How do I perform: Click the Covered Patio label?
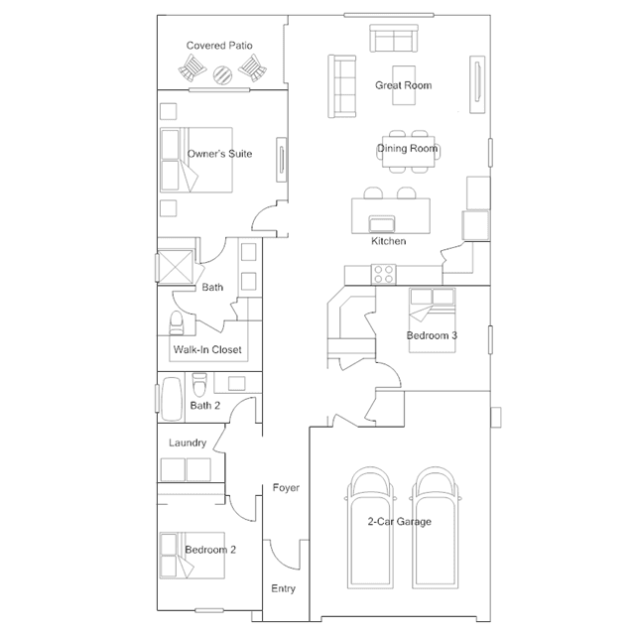(219, 46)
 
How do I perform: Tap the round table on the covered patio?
(222, 74)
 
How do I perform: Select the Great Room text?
(403, 85)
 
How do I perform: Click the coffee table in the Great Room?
(404, 85)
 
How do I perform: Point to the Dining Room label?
(407, 149)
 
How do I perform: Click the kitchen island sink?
(382, 223)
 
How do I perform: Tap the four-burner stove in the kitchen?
(384, 275)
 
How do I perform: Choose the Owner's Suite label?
(219, 154)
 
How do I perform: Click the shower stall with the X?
(176, 266)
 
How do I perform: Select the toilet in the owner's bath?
(177, 323)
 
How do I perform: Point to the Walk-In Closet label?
(207, 349)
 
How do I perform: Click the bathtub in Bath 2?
(172, 399)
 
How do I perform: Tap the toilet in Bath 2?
(199, 385)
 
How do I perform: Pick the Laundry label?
(188, 443)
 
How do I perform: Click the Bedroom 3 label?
(432, 335)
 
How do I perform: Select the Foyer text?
(286, 487)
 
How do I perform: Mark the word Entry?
(283, 588)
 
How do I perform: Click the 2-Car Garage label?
(399, 522)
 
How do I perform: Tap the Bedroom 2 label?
(210, 550)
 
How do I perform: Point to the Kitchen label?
(388, 241)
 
